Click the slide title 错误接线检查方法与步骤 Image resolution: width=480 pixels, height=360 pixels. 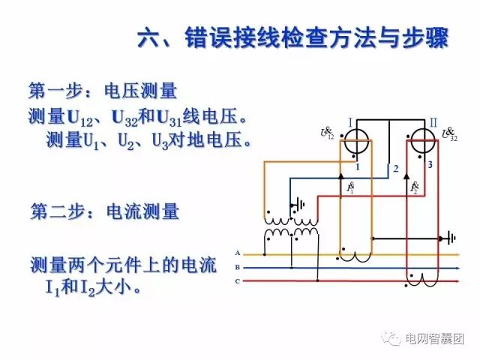tap(292, 37)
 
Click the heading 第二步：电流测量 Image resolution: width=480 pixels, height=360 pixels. tap(105, 211)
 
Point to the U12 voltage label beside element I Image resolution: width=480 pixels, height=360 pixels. tap(328, 133)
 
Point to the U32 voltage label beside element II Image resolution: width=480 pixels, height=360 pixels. tap(450, 134)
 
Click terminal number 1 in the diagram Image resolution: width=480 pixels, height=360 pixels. tap(358, 166)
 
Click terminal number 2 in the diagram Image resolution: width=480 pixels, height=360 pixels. tap(395, 169)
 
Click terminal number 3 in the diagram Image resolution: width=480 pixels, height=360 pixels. tap(430, 163)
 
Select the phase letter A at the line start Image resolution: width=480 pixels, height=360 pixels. tap(237, 253)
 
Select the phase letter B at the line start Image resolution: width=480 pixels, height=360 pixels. tap(237, 267)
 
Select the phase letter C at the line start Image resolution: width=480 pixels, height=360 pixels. tap(237, 280)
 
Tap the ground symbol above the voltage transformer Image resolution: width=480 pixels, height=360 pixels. tap(301, 203)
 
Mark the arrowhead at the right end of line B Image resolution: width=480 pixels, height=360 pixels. tap(457, 267)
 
